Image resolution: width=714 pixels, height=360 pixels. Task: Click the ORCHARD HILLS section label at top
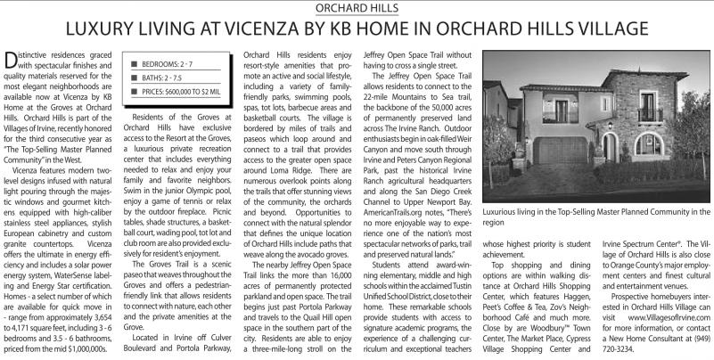357,8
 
